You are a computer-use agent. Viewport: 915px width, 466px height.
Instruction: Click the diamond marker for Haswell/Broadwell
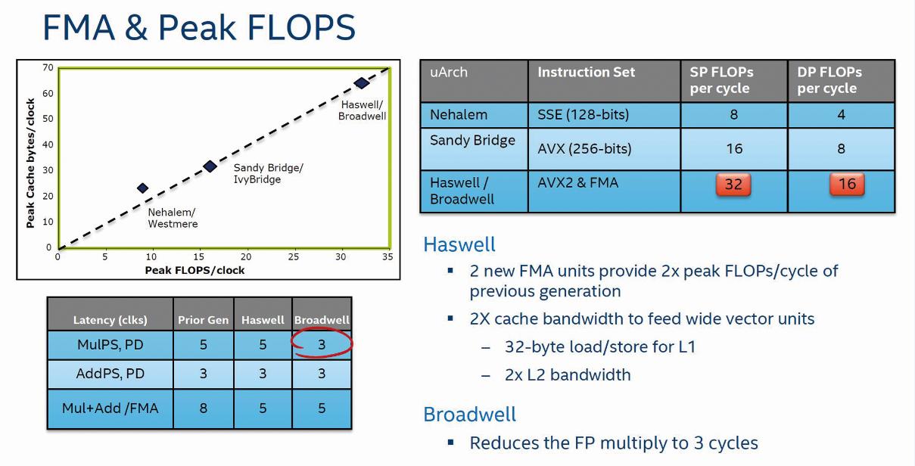(x=362, y=83)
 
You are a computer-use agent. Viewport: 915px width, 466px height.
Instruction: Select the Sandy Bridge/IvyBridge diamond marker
(x=210, y=166)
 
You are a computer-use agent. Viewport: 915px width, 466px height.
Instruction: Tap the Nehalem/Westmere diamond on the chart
(x=142, y=188)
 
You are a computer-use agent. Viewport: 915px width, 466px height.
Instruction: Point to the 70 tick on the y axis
(x=48, y=67)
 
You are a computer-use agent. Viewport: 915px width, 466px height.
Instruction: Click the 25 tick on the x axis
(x=294, y=256)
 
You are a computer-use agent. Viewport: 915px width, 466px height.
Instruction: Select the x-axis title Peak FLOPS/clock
(x=195, y=270)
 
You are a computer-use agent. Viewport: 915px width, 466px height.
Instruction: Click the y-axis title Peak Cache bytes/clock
(x=30, y=163)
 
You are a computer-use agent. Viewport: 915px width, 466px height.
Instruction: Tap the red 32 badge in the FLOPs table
(x=733, y=185)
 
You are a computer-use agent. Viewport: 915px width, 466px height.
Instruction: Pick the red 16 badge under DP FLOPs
(x=847, y=184)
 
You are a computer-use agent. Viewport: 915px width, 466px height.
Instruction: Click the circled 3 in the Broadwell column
(x=322, y=344)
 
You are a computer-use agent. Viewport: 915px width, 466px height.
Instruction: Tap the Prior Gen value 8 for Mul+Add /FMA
(x=203, y=408)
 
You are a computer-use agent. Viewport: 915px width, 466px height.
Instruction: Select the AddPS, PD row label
(x=110, y=373)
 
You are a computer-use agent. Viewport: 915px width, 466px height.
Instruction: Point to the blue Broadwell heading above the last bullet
(x=469, y=414)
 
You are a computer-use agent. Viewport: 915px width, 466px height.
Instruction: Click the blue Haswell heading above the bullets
(x=459, y=244)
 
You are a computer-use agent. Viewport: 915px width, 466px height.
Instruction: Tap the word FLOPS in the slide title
(x=301, y=27)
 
